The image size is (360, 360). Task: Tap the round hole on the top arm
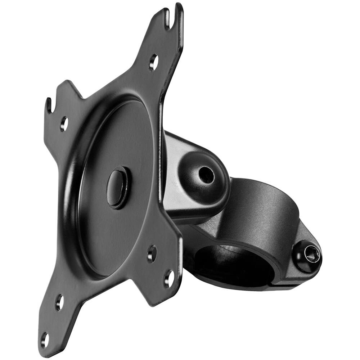point(153,62)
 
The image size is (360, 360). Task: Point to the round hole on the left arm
point(64,123)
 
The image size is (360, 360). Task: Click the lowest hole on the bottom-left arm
point(44,339)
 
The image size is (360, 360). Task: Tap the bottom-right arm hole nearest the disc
point(152,253)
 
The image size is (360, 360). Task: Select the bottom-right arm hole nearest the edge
point(168,278)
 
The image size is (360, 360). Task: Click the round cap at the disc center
point(117,187)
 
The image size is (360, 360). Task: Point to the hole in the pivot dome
point(206,175)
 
